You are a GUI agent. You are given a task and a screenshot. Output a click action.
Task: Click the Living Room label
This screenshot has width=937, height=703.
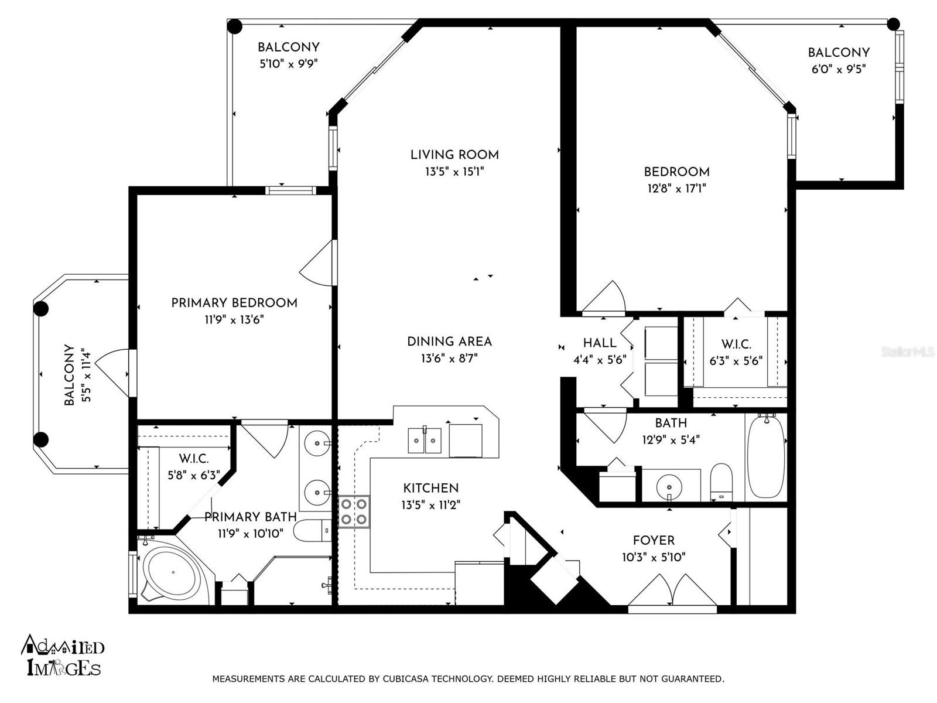(x=454, y=155)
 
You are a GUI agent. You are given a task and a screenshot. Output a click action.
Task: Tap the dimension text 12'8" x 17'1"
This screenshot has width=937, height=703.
(x=676, y=188)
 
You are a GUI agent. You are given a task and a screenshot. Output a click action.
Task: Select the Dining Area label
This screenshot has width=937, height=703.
(x=450, y=342)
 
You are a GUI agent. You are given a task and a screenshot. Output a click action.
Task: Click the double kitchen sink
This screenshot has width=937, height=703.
(x=425, y=440)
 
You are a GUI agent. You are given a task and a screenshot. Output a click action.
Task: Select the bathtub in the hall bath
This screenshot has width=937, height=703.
(x=766, y=457)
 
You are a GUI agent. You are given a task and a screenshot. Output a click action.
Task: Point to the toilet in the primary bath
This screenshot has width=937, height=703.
(x=312, y=531)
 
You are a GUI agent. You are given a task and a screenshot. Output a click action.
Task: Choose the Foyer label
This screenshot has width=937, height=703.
(x=654, y=540)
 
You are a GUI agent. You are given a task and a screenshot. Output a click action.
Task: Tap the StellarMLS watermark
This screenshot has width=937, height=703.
(x=908, y=352)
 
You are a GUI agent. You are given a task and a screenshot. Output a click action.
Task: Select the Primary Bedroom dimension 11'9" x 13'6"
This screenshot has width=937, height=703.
(x=234, y=320)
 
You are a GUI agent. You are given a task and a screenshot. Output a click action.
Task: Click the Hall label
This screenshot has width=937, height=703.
(x=599, y=343)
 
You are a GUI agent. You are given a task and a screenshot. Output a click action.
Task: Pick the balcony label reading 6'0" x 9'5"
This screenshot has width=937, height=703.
(x=839, y=69)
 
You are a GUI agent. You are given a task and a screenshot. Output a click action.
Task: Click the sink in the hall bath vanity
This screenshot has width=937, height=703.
(x=669, y=487)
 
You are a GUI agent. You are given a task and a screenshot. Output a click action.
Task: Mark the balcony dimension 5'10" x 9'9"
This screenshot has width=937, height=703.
(x=289, y=64)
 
